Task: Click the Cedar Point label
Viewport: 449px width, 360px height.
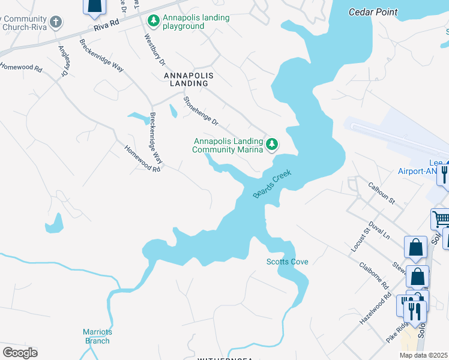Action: tap(373, 11)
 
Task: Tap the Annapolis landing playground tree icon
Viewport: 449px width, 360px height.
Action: tap(154, 22)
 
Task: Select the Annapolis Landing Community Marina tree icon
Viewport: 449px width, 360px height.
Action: tap(272, 144)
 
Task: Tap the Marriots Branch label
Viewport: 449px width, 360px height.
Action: tap(97, 337)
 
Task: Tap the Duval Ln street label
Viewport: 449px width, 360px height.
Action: tap(379, 229)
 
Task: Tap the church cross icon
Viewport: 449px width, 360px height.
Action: tap(56, 22)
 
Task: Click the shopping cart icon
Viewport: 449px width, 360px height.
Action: tap(441, 219)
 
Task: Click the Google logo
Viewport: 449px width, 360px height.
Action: tap(20, 352)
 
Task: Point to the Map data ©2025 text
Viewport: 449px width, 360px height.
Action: tap(423, 355)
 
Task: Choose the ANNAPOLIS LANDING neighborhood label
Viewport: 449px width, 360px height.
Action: tap(188, 80)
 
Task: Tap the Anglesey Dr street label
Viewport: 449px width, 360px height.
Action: tap(62, 61)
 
